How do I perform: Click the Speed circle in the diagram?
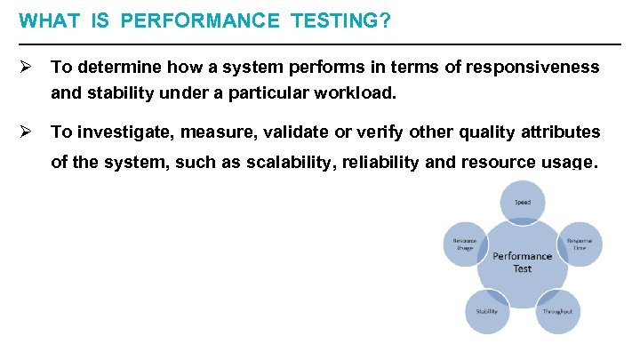coord(522,203)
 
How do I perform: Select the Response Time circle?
coord(580,244)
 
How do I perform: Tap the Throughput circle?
coord(557,311)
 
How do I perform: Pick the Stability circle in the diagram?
coord(487,311)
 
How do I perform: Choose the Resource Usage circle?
coord(465,244)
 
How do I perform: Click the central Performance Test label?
coord(522,262)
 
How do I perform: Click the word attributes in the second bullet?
coord(560,132)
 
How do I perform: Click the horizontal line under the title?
coord(320,44)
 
